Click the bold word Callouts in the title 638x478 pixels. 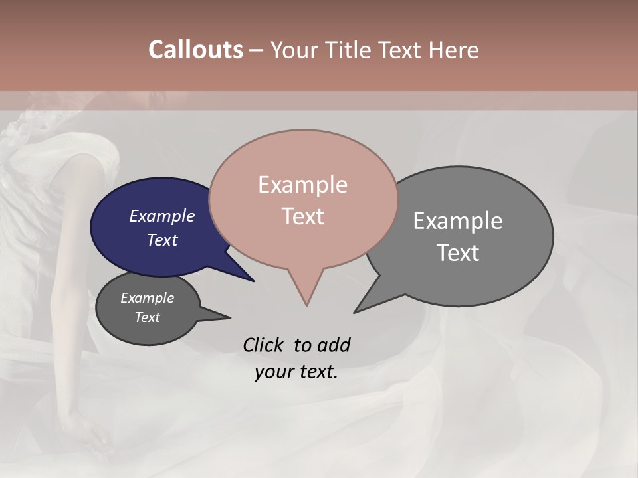(195, 50)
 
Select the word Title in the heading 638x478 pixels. (350, 50)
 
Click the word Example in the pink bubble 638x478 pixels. (302, 185)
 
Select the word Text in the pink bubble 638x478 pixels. (303, 216)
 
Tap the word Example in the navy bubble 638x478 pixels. (162, 216)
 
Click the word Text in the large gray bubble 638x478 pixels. (458, 253)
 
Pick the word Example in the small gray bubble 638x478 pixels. (148, 298)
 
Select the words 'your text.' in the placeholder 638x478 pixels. (296, 372)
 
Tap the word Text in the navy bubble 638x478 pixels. (162, 240)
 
